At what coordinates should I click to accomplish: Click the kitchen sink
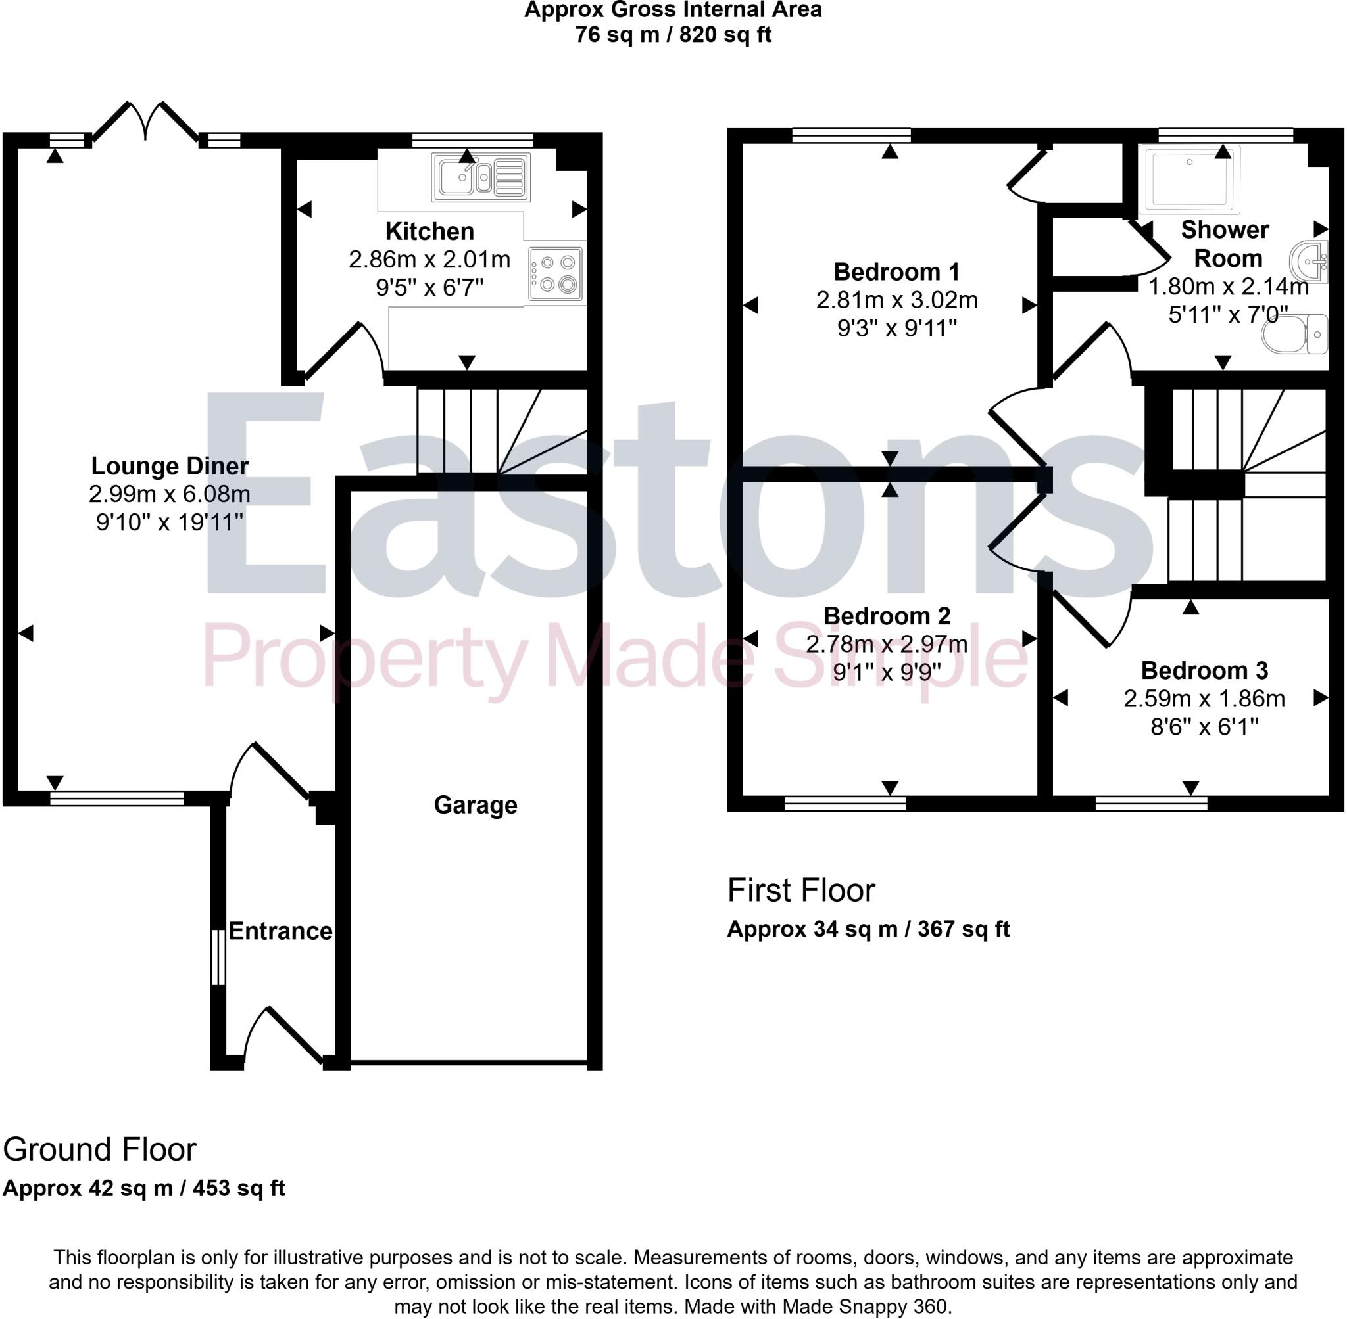click(480, 177)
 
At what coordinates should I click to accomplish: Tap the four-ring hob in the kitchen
click(555, 273)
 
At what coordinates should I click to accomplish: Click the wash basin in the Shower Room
click(1309, 261)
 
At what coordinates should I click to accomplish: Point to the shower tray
click(1190, 179)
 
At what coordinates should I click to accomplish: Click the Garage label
click(475, 805)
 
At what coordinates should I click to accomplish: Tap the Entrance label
click(280, 931)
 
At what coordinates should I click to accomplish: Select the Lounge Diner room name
click(170, 465)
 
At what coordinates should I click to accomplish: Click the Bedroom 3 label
click(1204, 670)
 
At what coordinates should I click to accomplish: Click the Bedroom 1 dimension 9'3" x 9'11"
click(896, 328)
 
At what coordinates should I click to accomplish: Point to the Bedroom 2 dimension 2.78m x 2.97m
click(886, 644)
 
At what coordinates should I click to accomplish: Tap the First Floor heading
click(800, 891)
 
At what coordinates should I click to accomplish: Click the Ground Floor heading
click(100, 1150)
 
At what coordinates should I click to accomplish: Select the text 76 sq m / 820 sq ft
click(672, 35)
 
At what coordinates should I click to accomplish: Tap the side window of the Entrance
click(218, 957)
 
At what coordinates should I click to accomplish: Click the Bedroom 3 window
click(1151, 804)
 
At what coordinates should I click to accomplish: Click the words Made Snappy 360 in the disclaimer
click(865, 1307)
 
